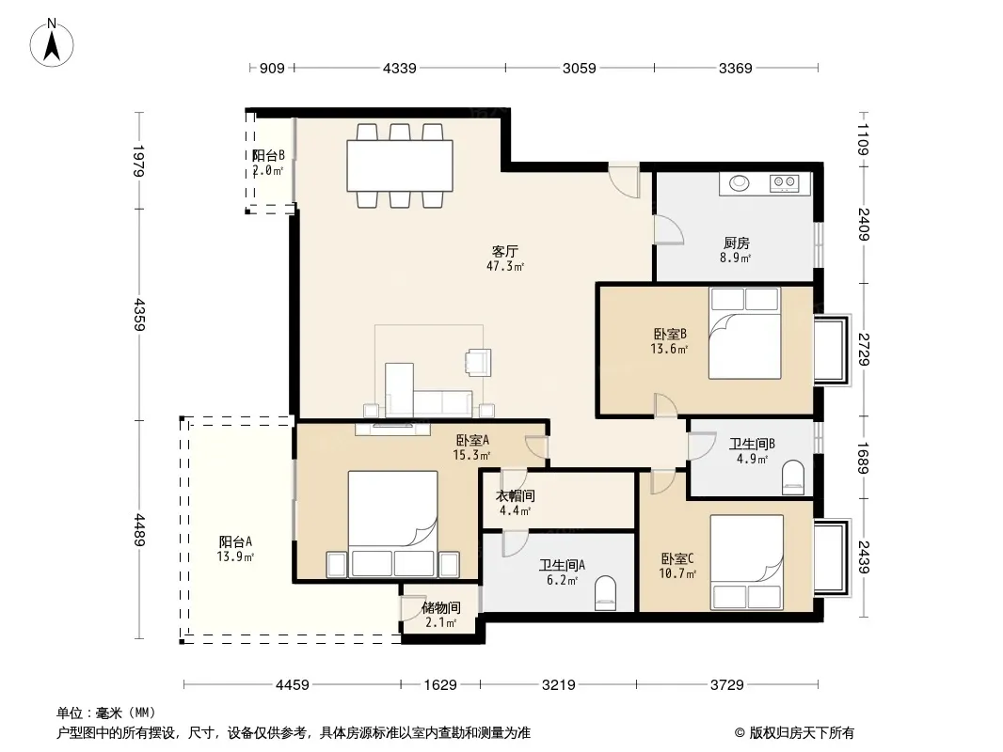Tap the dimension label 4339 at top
399,68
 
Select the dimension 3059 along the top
579,68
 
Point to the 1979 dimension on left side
139,161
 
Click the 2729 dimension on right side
864,349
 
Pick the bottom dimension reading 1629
440,685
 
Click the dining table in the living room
400,165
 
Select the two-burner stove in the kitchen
784,182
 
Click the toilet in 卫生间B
792,478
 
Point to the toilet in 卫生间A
605,593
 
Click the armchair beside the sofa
478,362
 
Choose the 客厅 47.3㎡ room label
505,258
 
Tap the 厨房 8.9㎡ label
736,250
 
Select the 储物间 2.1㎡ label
440,615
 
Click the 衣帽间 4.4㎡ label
515,503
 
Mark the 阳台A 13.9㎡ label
235,549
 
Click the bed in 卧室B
744,333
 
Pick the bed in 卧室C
747,562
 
